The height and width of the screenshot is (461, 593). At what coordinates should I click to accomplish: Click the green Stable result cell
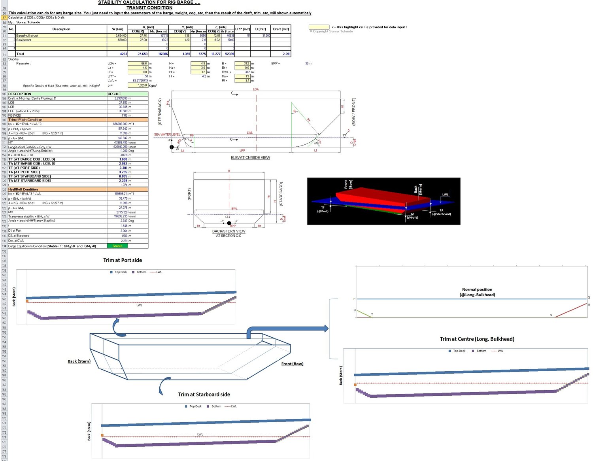pyautogui.click(x=117, y=246)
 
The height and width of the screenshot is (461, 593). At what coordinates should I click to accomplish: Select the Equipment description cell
pyautogui.click(x=24, y=40)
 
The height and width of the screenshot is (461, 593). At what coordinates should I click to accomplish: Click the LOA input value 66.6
pyautogui.click(x=138, y=63)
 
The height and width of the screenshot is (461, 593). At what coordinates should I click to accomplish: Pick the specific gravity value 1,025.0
pyautogui.click(x=138, y=85)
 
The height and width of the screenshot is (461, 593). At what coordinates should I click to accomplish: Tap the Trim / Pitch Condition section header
pyautogui.click(x=25, y=119)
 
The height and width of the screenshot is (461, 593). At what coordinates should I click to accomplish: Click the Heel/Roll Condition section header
pyautogui.click(x=23, y=189)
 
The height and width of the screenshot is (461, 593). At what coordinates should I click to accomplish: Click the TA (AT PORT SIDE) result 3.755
pyautogui.click(x=123, y=172)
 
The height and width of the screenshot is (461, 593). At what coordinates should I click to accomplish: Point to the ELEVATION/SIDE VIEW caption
pyautogui.click(x=250, y=158)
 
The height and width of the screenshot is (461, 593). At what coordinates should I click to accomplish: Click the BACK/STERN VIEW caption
pyautogui.click(x=229, y=231)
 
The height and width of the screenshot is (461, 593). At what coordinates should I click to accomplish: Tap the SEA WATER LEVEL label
pyautogui.click(x=167, y=134)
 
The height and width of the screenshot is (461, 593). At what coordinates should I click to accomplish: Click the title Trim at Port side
pyautogui.click(x=123, y=260)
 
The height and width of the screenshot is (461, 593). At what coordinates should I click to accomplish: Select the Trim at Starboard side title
pyautogui.click(x=204, y=395)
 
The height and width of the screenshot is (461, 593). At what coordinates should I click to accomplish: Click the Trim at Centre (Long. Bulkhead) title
pyautogui.click(x=477, y=339)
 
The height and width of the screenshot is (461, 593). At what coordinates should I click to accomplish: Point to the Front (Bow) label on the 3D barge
pyautogui.click(x=292, y=364)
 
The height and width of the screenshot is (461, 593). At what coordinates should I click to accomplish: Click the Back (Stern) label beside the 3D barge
pyautogui.click(x=79, y=361)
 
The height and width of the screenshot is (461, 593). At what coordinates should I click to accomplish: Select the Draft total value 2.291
pyautogui.click(x=286, y=54)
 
